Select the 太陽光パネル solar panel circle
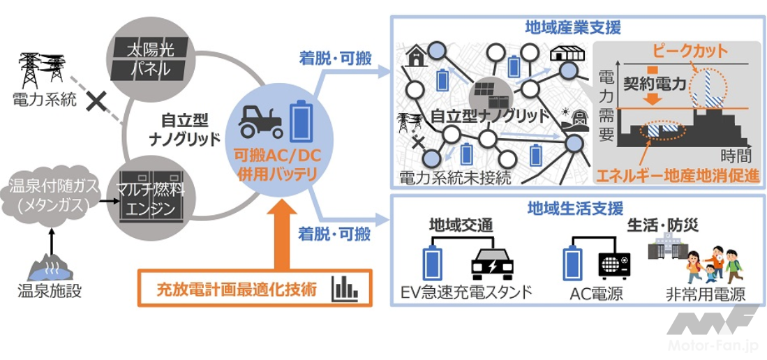[x=148, y=60]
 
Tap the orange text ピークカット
[x=689, y=50]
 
